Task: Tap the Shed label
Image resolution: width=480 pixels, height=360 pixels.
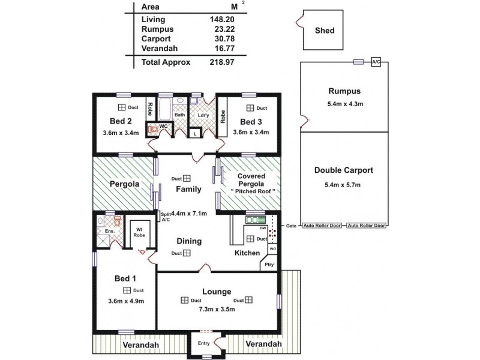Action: [325, 31]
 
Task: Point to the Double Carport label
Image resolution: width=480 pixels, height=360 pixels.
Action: [344, 170]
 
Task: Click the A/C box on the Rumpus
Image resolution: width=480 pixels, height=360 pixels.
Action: [376, 62]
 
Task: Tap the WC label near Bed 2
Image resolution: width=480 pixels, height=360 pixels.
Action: [163, 126]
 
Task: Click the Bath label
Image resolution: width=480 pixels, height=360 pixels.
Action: [179, 115]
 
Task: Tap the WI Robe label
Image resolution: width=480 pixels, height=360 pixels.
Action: [139, 232]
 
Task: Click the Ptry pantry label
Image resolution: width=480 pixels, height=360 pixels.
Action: [269, 264]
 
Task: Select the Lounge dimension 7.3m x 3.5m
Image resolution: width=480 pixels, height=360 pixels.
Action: [217, 310]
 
